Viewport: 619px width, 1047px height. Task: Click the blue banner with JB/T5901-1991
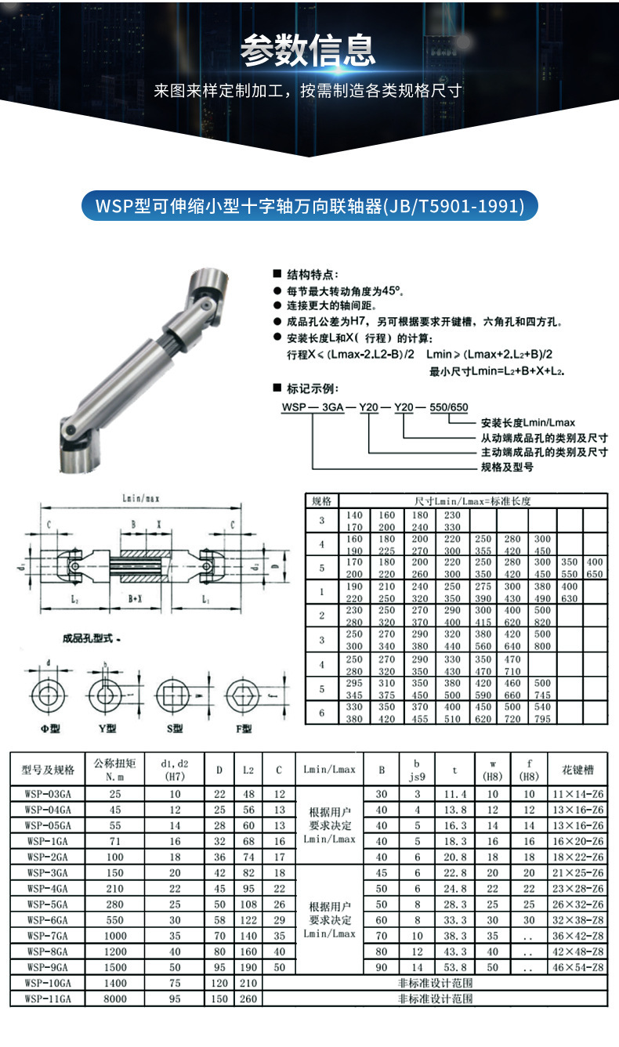pos(310,207)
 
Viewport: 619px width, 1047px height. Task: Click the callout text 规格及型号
pos(507,468)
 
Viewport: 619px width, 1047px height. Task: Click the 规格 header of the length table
pos(321,500)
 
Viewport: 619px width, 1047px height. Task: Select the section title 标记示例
pos(311,388)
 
